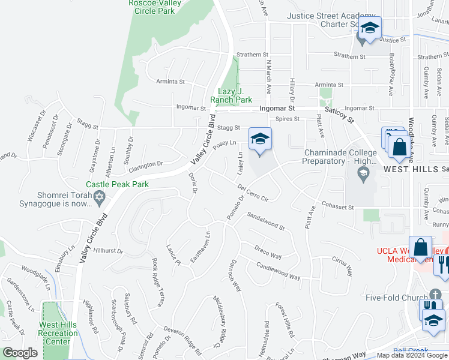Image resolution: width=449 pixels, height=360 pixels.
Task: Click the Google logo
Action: tap(20, 353)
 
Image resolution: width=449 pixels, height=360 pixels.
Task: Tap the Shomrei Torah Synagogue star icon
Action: tap(100, 196)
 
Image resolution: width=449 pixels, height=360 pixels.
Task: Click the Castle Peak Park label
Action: tap(117, 184)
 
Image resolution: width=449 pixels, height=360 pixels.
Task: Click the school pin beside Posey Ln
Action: tap(260, 140)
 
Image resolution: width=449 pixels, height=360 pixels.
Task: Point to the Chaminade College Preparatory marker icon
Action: tap(362, 174)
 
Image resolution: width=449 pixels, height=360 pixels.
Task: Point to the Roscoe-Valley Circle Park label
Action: tap(160, 7)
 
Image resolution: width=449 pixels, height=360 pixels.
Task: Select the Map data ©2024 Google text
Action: tap(412, 355)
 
